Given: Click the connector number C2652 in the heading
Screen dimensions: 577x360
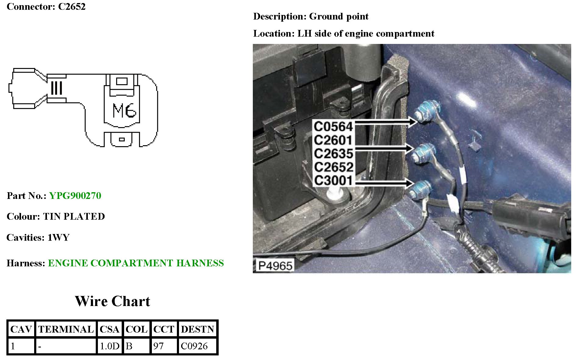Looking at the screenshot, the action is coord(72,6).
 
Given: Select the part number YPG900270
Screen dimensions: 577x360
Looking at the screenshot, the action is coord(75,196).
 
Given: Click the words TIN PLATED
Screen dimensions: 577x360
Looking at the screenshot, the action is coord(74,217).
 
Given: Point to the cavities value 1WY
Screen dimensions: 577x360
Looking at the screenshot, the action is coord(59,238).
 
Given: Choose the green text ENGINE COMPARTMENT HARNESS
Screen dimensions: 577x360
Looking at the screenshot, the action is coord(136,263).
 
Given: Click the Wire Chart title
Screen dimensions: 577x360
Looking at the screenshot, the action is coord(113,301).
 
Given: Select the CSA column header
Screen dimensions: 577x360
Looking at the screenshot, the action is coord(109,329).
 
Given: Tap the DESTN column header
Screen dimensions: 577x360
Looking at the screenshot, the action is coord(198,329).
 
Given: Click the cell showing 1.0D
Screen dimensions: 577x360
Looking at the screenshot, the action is coord(109,346).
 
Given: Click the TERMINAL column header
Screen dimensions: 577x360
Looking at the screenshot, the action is coord(66,329).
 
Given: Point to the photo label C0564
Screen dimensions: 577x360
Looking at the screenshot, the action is coord(333,126).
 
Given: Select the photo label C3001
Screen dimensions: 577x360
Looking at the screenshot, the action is coord(333,180).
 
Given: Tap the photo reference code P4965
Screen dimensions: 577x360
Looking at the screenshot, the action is coord(275,266).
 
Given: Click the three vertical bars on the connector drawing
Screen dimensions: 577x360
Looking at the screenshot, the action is coord(56,88).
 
